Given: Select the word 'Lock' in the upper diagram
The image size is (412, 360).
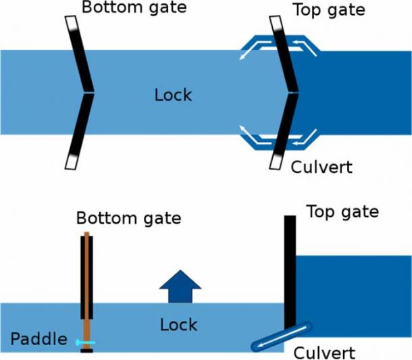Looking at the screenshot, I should (173, 95).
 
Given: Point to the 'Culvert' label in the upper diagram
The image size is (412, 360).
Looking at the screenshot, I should (321, 166).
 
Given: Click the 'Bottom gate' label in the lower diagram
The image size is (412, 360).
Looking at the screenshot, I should (128, 218).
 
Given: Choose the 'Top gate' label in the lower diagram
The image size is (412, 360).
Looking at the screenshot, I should (342, 211).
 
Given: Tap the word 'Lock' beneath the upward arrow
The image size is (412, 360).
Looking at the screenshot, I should (178, 325).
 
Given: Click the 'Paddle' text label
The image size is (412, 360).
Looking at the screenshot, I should (38, 339).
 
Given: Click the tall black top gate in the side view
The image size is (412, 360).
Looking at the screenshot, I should (290, 270).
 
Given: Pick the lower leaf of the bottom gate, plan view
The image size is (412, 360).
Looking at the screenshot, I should (80, 131).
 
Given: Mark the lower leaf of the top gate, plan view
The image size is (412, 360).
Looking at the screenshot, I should (284, 131).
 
